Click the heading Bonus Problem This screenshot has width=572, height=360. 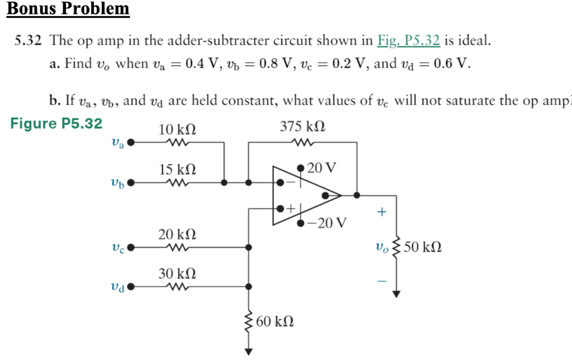(x=68, y=10)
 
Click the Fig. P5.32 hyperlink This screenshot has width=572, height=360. (x=408, y=41)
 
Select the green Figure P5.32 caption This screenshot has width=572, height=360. (x=56, y=124)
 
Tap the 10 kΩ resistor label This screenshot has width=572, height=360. (x=177, y=130)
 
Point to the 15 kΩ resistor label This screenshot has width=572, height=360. (x=177, y=169)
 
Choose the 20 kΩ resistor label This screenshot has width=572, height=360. (x=177, y=234)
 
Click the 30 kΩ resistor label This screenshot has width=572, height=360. (x=177, y=274)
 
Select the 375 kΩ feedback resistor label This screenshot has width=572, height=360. (x=302, y=126)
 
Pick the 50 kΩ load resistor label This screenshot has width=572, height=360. (x=423, y=246)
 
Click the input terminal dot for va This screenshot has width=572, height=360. (x=131, y=143)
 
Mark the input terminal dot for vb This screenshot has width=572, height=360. (x=131, y=182)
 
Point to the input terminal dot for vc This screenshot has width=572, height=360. (x=131, y=247)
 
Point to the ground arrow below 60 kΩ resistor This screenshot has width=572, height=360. (x=249, y=351)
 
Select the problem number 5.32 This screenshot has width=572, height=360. (x=28, y=41)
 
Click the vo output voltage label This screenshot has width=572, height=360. (x=383, y=247)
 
